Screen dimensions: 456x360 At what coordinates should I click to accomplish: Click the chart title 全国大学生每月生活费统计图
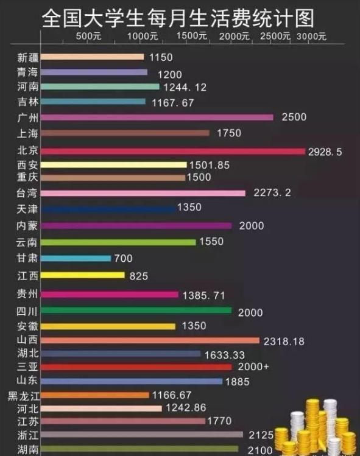[x=178, y=18]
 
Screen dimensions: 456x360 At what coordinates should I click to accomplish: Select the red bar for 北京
[x=173, y=151]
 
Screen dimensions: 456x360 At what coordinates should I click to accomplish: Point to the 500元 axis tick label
[x=88, y=36]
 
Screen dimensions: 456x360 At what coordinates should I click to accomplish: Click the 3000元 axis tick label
[x=311, y=36]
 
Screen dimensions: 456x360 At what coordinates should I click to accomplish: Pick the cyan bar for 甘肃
[x=76, y=258]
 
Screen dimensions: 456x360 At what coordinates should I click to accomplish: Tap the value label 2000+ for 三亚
[x=253, y=367]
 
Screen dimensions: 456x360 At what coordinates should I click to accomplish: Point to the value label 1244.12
[x=185, y=88]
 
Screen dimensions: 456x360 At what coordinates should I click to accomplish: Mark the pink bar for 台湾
[x=143, y=193]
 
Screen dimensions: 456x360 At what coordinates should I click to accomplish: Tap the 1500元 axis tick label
[x=191, y=36]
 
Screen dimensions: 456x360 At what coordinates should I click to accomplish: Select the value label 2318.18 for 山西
[x=284, y=342]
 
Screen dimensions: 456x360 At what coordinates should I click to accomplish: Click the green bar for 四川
[x=136, y=310]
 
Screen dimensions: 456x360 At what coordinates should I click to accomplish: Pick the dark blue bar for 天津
[x=108, y=209]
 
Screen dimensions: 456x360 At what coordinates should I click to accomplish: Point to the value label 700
[x=123, y=258]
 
